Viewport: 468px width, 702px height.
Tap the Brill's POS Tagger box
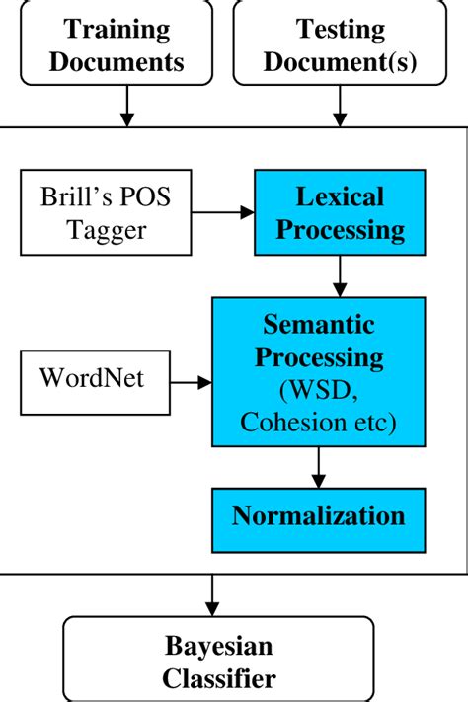(105, 212)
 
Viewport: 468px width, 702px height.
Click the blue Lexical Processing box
(340, 212)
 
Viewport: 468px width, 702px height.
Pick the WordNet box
(93, 379)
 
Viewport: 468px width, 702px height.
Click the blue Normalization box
(318, 517)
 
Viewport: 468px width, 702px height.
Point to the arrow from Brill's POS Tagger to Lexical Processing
(223, 212)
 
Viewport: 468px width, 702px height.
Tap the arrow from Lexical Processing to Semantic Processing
(340, 276)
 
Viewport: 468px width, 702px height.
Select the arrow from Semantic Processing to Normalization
(318, 466)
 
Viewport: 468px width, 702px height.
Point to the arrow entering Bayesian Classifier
(211, 594)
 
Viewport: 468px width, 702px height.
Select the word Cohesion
(286, 425)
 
